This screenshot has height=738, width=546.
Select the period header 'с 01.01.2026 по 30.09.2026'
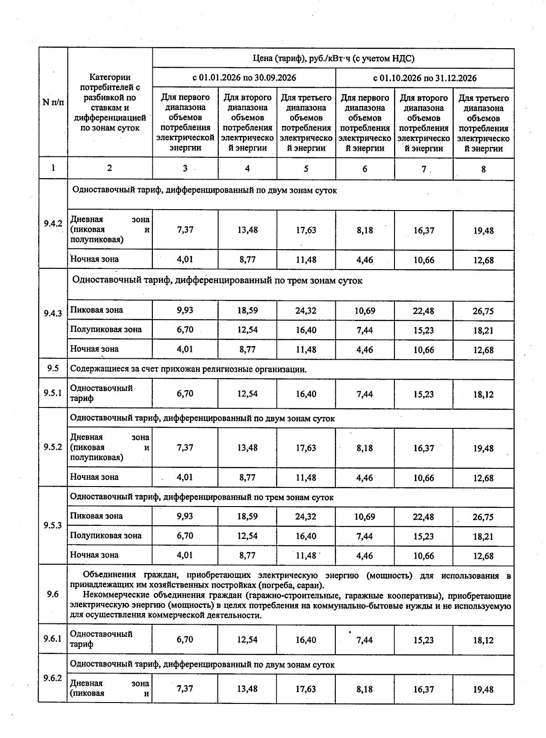(244, 78)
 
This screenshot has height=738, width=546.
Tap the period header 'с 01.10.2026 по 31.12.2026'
(425, 78)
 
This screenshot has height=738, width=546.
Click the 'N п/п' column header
(53, 102)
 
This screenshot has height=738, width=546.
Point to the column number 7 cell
(424, 169)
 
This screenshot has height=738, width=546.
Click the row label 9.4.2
(53, 224)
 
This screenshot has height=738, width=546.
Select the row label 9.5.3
(53, 525)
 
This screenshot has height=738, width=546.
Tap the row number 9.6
(53, 594)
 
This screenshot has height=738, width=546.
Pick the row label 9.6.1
(53, 639)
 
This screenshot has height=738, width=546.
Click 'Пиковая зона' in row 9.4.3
(96, 310)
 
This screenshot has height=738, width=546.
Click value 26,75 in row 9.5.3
(483, 517)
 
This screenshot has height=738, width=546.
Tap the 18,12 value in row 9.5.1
(483, 395)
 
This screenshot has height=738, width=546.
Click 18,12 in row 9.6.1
(483, 640)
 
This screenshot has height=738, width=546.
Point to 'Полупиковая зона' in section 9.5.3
(106, 536)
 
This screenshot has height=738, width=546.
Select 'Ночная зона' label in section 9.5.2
(94, 477)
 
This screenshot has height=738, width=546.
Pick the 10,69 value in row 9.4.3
(365, 311)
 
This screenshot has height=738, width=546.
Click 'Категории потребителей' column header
(110, 102)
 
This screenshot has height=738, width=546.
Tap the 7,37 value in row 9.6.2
(185, 689)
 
